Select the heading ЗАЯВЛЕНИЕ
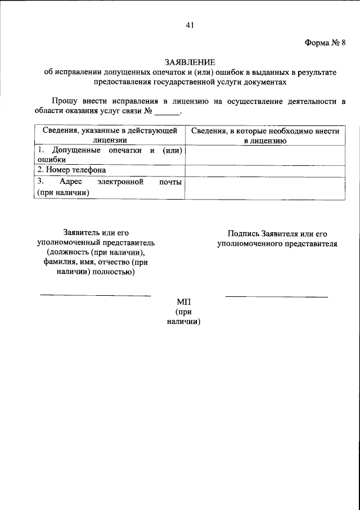click(x=190, y=61)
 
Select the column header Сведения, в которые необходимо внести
click(x=265, y=130)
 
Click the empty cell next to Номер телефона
click(x=265, y=170)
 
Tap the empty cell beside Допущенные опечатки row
click(x=265, y=155)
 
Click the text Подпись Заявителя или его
click(x=277, y=233)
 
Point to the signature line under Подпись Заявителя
click(x=277, y=296)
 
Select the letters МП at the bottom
click(x=184, y=302)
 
